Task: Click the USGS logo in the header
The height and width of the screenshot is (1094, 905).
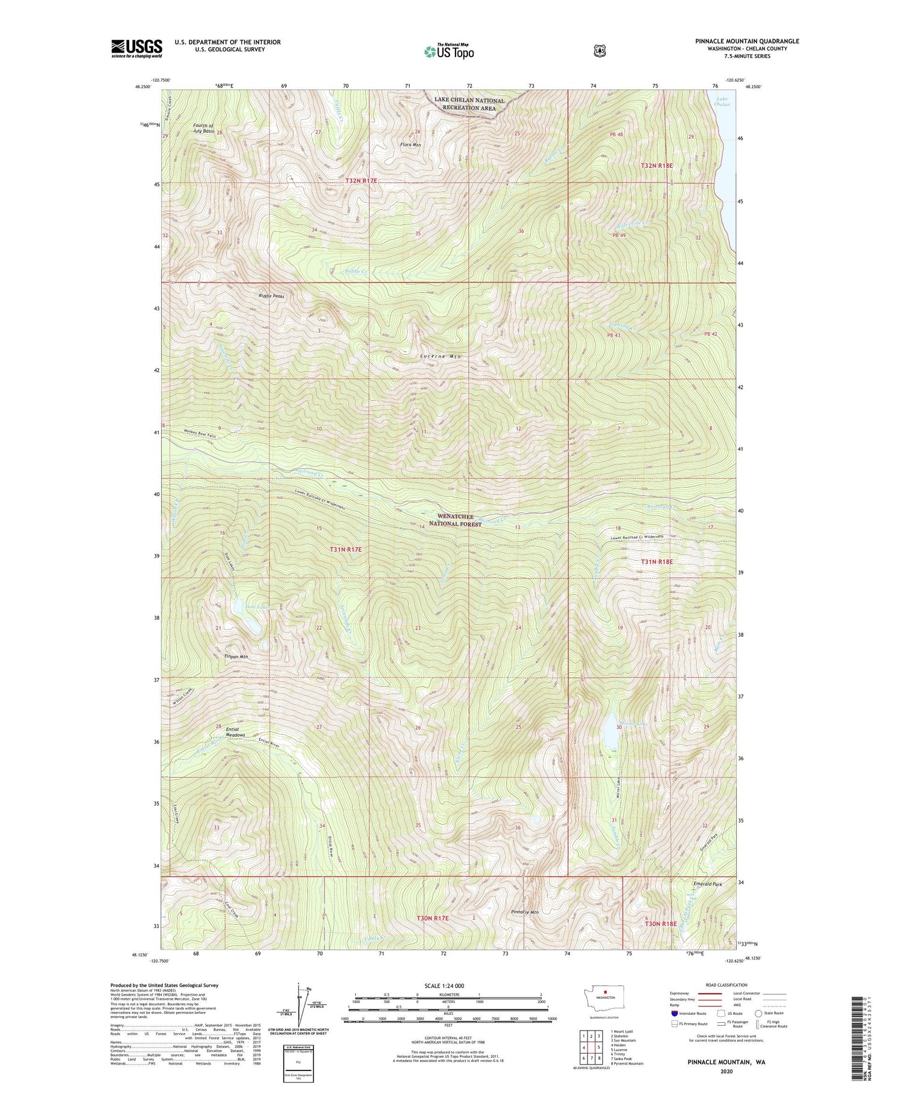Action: click(x=136, y=48)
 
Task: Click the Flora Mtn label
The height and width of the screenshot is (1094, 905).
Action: click(x=409, y=145)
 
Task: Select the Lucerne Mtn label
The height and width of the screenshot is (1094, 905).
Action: click(x=440, y=357)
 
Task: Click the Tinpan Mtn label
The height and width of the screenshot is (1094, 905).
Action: click(x=236, y=657)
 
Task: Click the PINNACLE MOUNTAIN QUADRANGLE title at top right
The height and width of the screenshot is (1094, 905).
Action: click(x=746, y=41)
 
